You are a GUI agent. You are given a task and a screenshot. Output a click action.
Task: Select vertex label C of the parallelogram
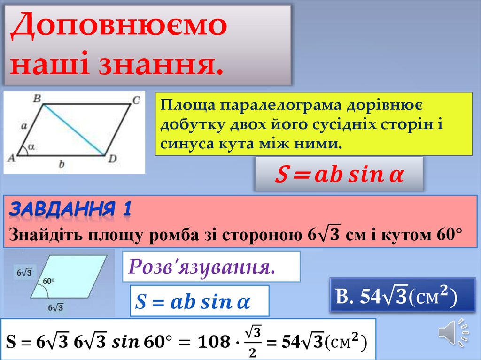coord(135,100)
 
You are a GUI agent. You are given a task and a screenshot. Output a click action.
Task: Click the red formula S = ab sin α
coord(339,175)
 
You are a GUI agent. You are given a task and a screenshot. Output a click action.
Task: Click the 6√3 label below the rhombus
coord(55,308)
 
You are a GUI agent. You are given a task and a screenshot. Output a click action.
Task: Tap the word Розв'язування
coord(202,267)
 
